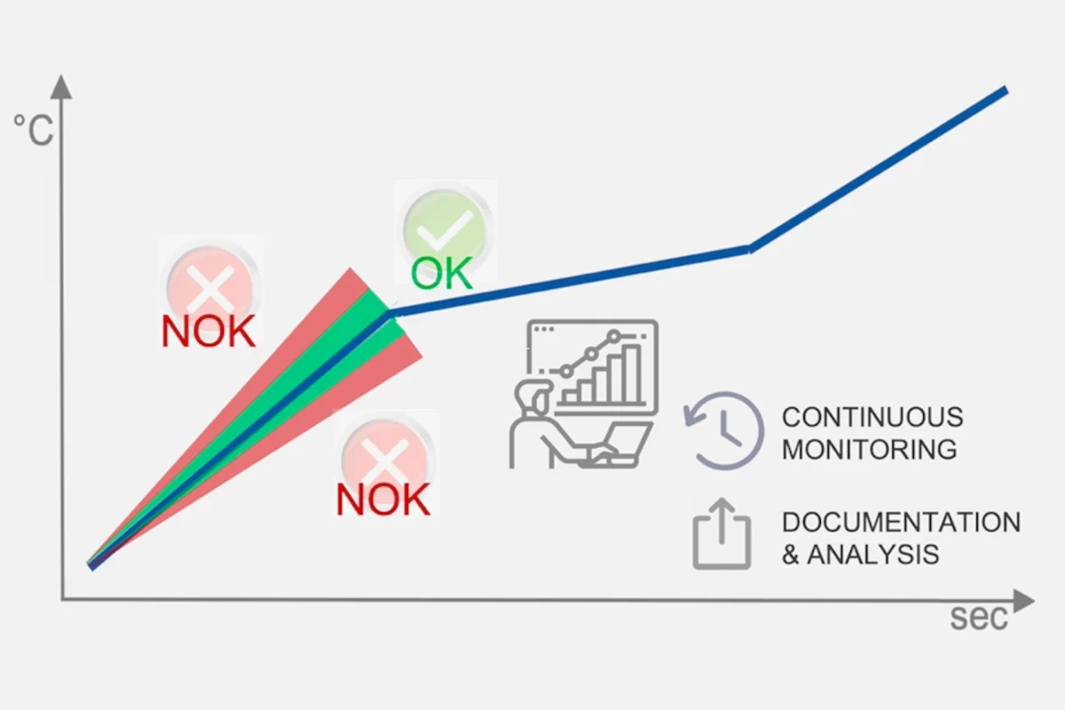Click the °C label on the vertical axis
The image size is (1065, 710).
34,130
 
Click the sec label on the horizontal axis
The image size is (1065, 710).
978,618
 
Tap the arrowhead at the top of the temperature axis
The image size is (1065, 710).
61,87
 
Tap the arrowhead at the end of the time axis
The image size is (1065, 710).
1023,601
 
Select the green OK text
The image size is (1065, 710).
442,273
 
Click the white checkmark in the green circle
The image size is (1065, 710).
444,230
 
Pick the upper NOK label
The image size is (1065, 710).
209,331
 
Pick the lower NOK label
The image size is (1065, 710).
383,500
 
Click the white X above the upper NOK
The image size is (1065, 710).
210,288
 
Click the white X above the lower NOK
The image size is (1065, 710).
384,461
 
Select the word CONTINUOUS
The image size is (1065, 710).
872,417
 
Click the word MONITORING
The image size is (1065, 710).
870,449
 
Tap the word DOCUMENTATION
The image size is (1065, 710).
902,522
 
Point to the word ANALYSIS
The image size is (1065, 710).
873,555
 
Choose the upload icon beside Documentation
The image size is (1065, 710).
722,533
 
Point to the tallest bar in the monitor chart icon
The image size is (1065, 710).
631,374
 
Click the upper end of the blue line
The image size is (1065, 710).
1006,91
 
